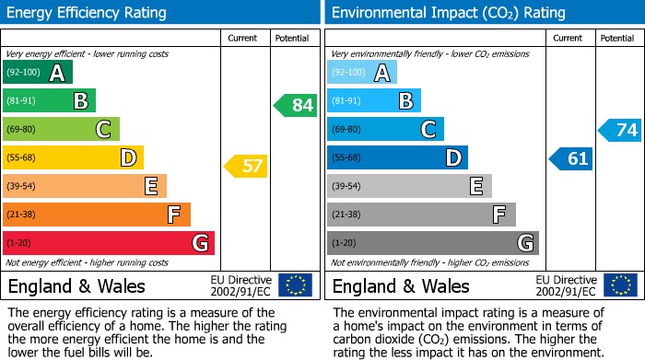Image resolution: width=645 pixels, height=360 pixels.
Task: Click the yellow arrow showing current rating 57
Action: point(245,167)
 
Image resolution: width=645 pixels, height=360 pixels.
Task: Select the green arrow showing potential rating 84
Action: point(296,105)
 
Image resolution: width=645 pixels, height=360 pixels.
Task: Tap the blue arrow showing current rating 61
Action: point(570,158)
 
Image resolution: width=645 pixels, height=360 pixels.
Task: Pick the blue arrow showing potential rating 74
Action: point(619,130)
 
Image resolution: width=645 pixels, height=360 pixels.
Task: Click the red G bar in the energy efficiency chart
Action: point(109,243)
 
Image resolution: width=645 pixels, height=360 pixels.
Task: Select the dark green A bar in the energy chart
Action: point(38,73)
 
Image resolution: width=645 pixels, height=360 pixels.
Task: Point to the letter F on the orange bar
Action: point(173,215)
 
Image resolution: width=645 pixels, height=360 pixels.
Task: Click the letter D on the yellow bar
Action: point(127,158)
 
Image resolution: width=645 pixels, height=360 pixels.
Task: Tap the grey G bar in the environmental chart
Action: point(432,243)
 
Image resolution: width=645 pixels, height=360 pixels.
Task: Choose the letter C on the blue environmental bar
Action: point(428,130)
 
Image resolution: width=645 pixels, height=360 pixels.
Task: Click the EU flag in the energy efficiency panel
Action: point(295,285)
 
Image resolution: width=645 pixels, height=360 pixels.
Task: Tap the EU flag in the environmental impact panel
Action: point(620,285)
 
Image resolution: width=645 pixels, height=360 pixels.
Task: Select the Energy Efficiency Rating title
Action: point(88,13)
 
